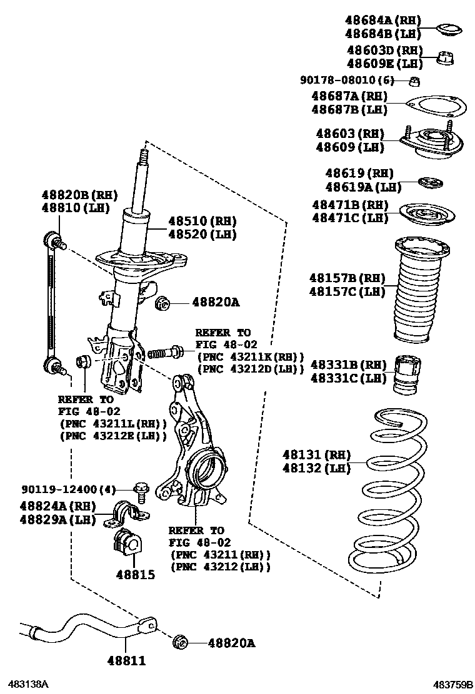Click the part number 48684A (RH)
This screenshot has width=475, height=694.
pos(383,21)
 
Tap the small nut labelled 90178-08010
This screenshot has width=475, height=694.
pos(414,81)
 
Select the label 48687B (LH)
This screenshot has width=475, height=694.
pos(350,110)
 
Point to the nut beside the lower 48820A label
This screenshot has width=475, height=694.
pos(181,642)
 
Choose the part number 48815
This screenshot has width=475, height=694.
pos(134,574)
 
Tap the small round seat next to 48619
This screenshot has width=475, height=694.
pos(430,182)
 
